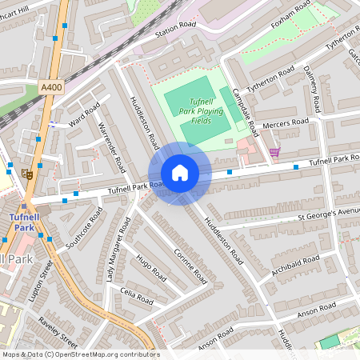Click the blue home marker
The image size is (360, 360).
(x=180, y=173)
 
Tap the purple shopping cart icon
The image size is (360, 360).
(x=274, y=152)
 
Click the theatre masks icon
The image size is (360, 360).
(x=28, y=172)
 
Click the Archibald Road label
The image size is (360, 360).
(x=295, y=262)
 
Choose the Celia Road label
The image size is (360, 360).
(x=136, y=296)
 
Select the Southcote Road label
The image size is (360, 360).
(x=84, y=228)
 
